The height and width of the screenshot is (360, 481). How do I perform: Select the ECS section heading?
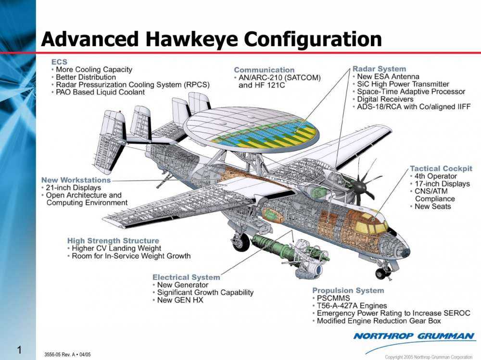click(59, 62)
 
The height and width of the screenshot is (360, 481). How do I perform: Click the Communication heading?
click(264, 70)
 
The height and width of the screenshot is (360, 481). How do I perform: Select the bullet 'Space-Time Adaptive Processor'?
click(411, 91)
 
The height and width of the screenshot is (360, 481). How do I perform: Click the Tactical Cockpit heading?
click(441, 169)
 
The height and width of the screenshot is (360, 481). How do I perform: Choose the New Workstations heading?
click(76, 180)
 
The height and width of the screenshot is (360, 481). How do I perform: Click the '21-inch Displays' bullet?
click(74, 187)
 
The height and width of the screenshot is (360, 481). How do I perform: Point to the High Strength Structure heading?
click(113, 240)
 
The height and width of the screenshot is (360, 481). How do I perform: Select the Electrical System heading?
click(186, 277)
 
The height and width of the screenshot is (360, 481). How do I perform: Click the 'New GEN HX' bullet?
click(180, 300)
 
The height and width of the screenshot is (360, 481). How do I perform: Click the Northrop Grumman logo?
click(414, 336)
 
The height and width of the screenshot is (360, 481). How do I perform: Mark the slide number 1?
click(19, 350)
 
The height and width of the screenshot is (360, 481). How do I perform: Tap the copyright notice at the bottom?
click(429, 357)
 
